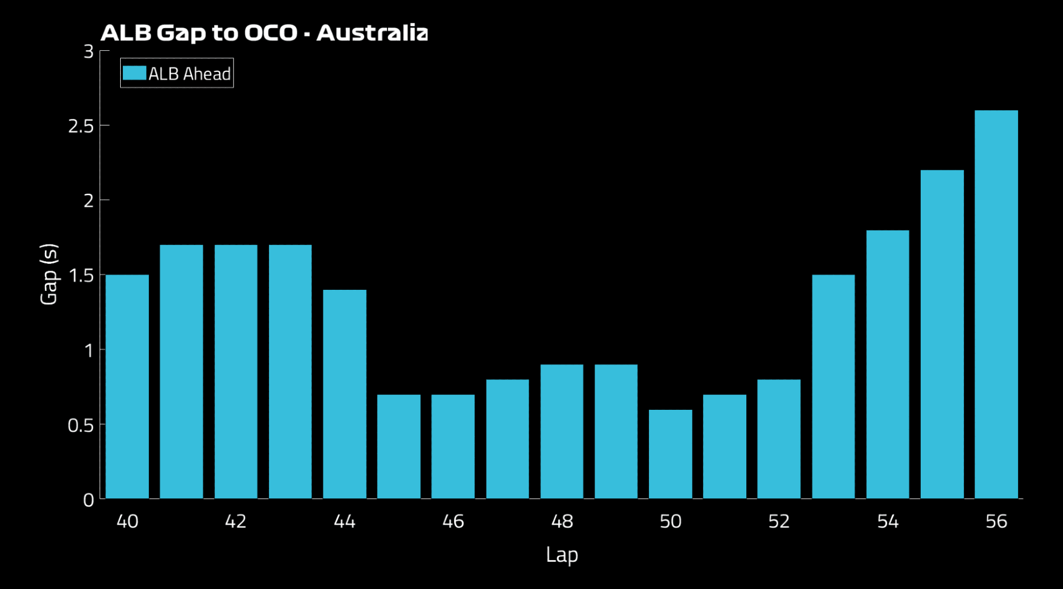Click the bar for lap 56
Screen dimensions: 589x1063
996,304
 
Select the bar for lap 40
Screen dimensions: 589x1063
127,387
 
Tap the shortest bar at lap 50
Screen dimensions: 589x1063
670,454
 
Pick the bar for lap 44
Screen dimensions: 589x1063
344,394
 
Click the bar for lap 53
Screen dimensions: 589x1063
833,387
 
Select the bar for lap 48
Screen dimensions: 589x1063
561,431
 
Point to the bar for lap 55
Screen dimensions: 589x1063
942,334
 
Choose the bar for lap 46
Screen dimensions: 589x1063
453,446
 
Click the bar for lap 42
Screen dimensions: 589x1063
236,372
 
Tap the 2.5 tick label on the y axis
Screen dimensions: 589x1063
81,126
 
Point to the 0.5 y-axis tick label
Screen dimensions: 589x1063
81,425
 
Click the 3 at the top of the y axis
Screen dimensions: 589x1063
89,51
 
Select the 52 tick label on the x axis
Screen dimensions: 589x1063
778,521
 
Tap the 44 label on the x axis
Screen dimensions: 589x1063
344,521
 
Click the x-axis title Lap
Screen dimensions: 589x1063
561,554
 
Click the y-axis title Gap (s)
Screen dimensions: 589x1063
49,274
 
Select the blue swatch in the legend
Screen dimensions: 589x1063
134,73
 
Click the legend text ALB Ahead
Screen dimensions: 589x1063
189,74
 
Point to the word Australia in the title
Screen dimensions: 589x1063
372,33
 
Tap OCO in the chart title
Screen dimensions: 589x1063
271,33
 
